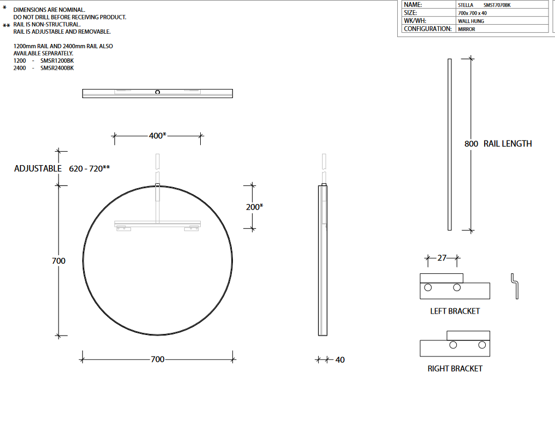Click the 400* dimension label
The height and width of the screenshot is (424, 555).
point(157,136)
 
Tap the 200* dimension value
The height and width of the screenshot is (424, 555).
point(254,207)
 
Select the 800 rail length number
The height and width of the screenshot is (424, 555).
point(471,144)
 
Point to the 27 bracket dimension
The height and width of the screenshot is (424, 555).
point(442,258)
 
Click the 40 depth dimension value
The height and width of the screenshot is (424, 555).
point(340,360)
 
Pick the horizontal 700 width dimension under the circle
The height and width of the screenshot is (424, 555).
point(157,359)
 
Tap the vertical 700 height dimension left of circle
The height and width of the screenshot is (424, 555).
point(59,261)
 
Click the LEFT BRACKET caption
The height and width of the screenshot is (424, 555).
point(455,311)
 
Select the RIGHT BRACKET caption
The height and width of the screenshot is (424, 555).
point(455,369)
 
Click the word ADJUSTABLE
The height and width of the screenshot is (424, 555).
point(38,168)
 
